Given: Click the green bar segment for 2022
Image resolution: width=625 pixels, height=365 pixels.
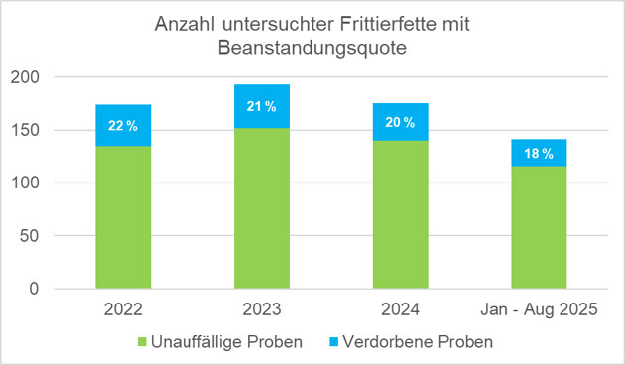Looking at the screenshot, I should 123,217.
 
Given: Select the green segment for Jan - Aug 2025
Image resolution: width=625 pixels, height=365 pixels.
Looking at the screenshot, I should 539,227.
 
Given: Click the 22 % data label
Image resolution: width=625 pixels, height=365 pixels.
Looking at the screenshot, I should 123,126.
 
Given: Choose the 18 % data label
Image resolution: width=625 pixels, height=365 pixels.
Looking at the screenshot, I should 539,154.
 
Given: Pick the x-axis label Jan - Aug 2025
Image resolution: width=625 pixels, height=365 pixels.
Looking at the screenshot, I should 539,308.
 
